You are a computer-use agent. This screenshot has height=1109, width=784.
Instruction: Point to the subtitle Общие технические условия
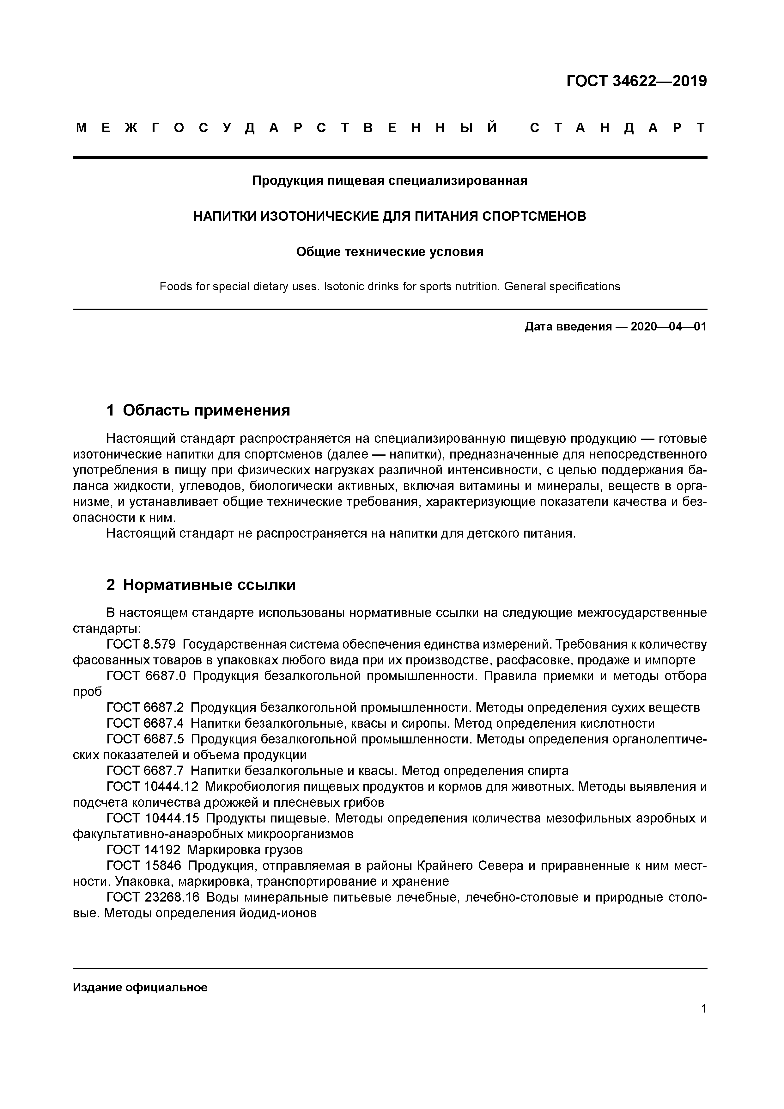(390, 252)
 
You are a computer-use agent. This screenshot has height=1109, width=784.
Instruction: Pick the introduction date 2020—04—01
(668, 327)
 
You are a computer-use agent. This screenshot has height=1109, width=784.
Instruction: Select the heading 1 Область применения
(198, 410)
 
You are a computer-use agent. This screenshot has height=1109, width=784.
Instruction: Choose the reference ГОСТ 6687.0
(146, 676)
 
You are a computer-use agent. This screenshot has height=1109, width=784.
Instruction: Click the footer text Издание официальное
(140, 987)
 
